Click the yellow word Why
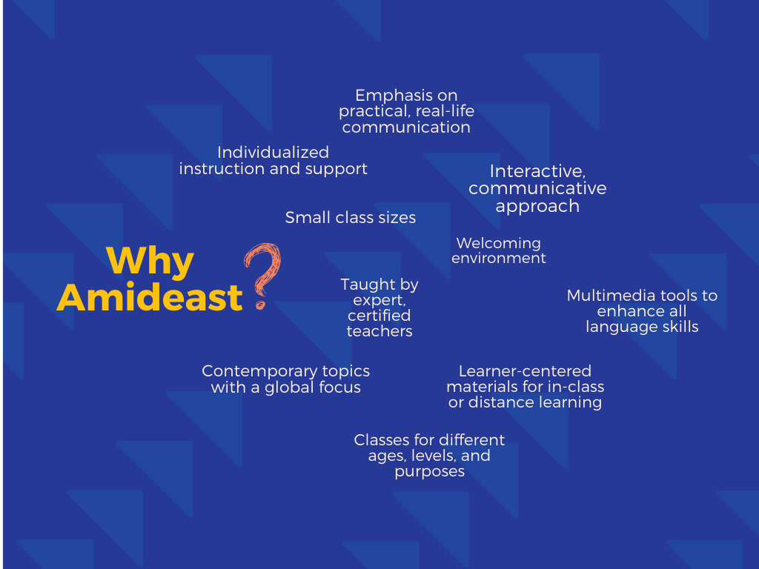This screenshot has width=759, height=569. pos(150,262)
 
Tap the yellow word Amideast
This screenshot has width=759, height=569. pos(150,297)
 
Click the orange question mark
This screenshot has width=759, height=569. pos(263,276)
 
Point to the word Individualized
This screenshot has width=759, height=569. pos(273,153)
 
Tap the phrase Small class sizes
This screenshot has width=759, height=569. pos(351,218)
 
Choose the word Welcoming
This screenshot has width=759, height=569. pos(499,243)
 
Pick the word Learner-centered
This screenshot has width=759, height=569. pos(526,371)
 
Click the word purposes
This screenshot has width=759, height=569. pos(430,472)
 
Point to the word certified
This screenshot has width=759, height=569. pos(379,316)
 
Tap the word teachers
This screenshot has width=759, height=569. pos(379,331)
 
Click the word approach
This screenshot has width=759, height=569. pos(537,207)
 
